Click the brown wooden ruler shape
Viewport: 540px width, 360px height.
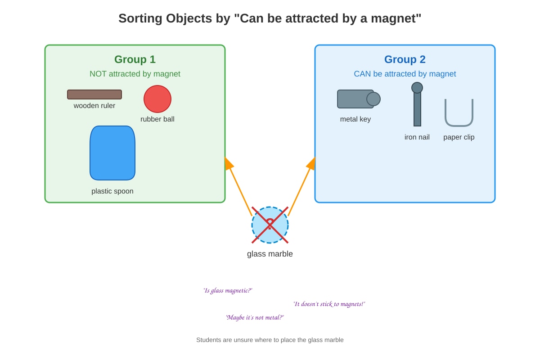94,94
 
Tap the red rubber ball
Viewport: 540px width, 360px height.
157,99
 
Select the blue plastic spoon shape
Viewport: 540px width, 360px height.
112,153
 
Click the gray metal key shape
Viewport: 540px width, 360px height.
359,99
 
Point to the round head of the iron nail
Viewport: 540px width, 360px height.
417,88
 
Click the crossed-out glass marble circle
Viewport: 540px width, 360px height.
270,225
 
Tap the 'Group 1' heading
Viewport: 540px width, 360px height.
135,59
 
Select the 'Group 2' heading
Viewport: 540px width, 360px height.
405,59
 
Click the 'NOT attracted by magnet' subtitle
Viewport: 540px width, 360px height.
135,74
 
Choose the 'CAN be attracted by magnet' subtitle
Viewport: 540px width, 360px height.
405,74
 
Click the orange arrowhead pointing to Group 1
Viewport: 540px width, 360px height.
228,164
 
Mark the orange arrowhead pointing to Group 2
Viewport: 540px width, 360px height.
311,164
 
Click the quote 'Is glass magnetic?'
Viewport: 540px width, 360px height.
228,291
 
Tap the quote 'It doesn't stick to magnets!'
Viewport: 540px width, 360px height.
329,304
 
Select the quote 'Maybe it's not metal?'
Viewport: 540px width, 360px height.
255,318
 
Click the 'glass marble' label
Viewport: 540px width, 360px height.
270,254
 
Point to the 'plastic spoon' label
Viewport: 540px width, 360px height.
112,191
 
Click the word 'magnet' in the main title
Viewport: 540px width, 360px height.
394,18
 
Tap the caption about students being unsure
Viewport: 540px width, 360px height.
270,340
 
